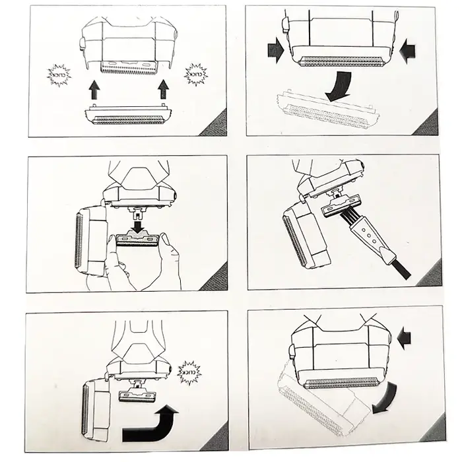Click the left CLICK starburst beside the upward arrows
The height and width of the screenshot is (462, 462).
point(59,75)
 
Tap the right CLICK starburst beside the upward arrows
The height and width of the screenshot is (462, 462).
point(195,74)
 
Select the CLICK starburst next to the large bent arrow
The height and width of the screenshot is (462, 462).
point(189,372)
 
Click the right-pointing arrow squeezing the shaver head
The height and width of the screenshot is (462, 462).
point(276,53)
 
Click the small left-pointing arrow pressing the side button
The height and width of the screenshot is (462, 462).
point(404,339)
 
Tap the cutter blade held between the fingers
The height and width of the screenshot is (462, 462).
point(137,239)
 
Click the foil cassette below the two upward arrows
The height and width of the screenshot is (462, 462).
point(129,115)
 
